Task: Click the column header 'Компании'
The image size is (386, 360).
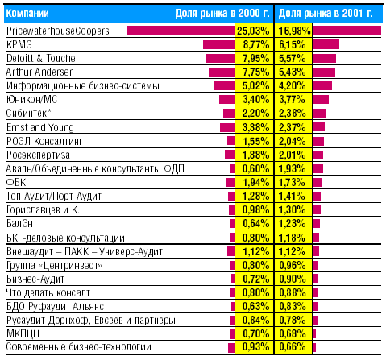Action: [27, 13]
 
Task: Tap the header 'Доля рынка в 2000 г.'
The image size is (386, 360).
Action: [222, 13]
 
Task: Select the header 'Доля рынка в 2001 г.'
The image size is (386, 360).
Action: [326, 13]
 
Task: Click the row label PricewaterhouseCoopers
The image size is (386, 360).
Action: [58, 31]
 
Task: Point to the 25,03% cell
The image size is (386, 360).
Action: [253, 31]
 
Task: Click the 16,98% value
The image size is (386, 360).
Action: [295, 31]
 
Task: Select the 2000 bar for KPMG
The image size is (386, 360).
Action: [218, 44]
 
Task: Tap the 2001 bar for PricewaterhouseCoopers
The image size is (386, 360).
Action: [347, 31]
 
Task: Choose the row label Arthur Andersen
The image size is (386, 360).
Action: [39, 72]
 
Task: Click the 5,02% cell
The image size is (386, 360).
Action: [255, 85]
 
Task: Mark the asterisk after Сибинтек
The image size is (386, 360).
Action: [49, 110]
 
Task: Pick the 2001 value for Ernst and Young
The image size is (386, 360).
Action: [293, 127]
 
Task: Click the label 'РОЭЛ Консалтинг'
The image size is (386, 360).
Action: [44, 141]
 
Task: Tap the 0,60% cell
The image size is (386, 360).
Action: [255, 168]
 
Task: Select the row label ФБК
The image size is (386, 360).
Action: [16, 182]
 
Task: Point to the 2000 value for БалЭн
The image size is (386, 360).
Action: [256, 223]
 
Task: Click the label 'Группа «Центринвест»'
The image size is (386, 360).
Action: [54, 266]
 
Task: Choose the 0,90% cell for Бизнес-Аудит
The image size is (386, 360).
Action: [293, 279]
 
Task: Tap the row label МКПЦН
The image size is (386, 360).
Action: [23, 333]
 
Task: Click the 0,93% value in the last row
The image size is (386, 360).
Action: [255, 346]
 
